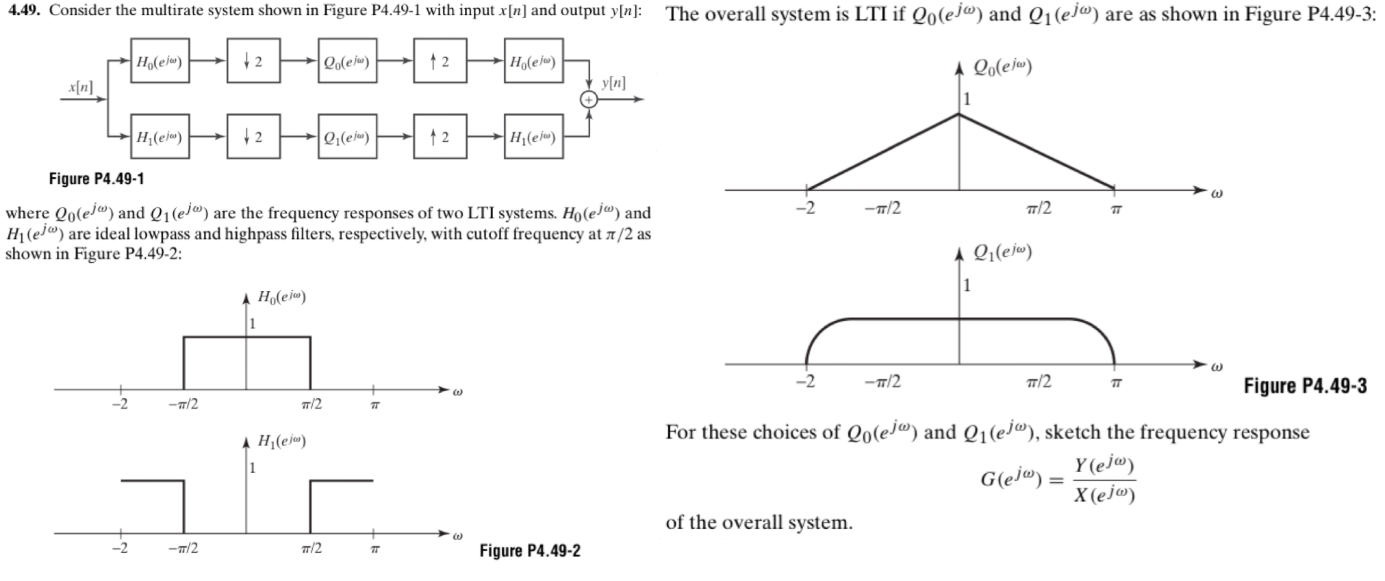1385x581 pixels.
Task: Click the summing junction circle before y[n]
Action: click(589, 100)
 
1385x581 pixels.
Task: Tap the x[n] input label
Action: click(81, 87)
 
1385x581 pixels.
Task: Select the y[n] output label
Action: click(613, 83)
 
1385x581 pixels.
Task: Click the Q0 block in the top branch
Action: click(347, 62)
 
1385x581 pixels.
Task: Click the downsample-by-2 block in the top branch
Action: click(253, 62)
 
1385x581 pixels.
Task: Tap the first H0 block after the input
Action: click(160, 62)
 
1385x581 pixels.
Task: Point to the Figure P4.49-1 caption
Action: click(97, 179)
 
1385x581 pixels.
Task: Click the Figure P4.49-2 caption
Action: click(530, 551)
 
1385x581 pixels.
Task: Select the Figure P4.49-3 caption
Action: click(1305, 386)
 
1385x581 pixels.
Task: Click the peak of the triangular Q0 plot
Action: click(958, 114)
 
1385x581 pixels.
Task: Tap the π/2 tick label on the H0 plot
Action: click(312, 404)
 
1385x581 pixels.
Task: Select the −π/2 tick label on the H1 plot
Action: click(183, 549)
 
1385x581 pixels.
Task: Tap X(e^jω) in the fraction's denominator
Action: click(1104, 495)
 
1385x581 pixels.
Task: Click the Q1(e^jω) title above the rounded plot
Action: click(1002, 253)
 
